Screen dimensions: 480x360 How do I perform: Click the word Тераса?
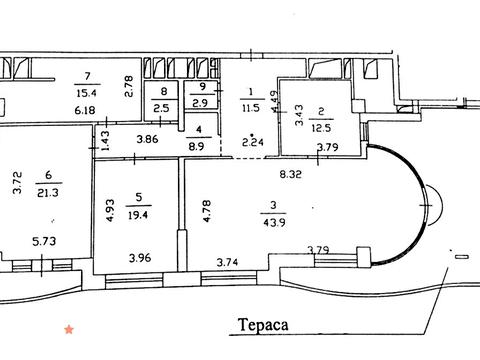click(x=263, y=325)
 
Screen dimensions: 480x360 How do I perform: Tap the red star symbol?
click(x=69, y=330)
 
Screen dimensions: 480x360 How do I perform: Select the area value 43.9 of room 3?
click(x=274, y=222)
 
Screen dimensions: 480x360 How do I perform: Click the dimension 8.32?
click(x=291, y=174)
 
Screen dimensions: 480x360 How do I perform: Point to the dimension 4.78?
click(x=207, y=211)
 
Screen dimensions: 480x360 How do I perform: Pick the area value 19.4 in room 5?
click(x=138, y=215)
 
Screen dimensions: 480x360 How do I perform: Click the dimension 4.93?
click(x=110, y=210)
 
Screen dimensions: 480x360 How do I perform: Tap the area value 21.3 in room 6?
click(x=48, y=193)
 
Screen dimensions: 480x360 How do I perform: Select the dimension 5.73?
click(x=44, y=241)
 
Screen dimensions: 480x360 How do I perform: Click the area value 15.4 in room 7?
click(x=87, y=93)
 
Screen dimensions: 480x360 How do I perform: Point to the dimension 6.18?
click(x=85, y=110)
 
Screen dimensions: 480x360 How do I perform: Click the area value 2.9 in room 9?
click(x=200, y=103)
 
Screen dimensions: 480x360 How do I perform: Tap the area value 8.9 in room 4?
click(x=196, y=146)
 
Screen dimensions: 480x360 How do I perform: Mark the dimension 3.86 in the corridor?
click(x=147, y=139)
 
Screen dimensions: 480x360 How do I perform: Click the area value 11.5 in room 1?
click(x=251, y=108)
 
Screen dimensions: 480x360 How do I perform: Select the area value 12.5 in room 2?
click(x=321, y=128)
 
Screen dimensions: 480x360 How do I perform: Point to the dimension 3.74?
click(x=227, y=262)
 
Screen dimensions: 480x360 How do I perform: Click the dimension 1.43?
click(x=105, y=140)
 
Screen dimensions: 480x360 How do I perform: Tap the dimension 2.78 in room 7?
click(x=129, y=86)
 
